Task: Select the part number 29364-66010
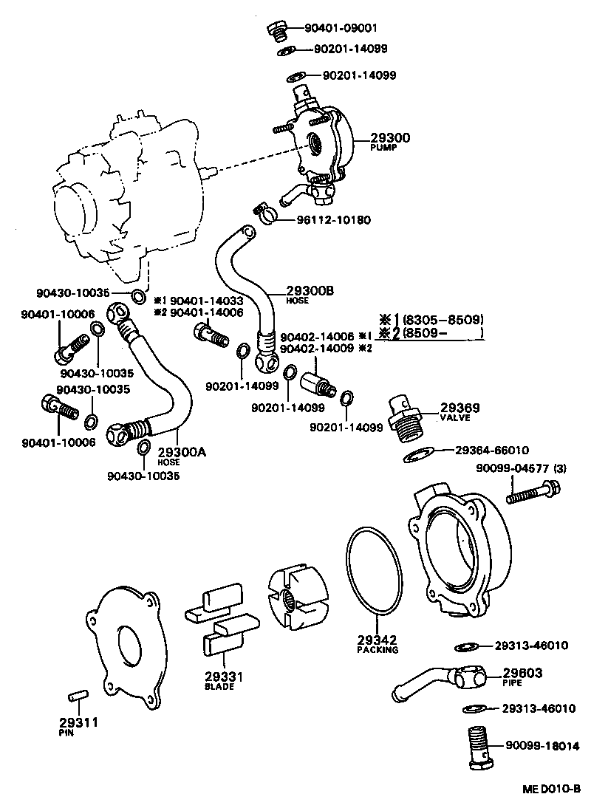coord(491,450)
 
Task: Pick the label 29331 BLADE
coord(219,679)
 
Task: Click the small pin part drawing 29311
coord(78,695)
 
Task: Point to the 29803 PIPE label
coord(522,675)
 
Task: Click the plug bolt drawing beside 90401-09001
coord(279,30)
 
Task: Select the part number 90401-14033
coord(206,301)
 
